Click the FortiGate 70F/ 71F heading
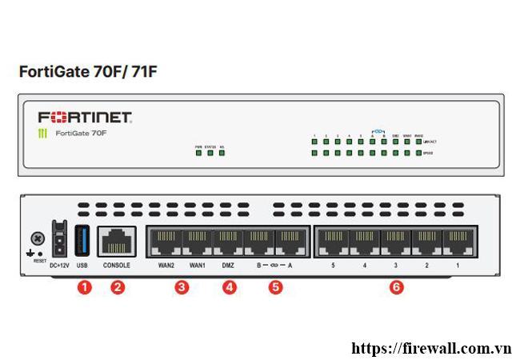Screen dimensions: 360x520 click(88, 71)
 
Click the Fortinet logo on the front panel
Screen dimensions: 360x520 click(84, 117)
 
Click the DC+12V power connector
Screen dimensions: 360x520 click(58, 239)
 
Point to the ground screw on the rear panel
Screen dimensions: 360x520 click(36, 238)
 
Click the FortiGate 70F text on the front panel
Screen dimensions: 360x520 click(81, 133)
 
